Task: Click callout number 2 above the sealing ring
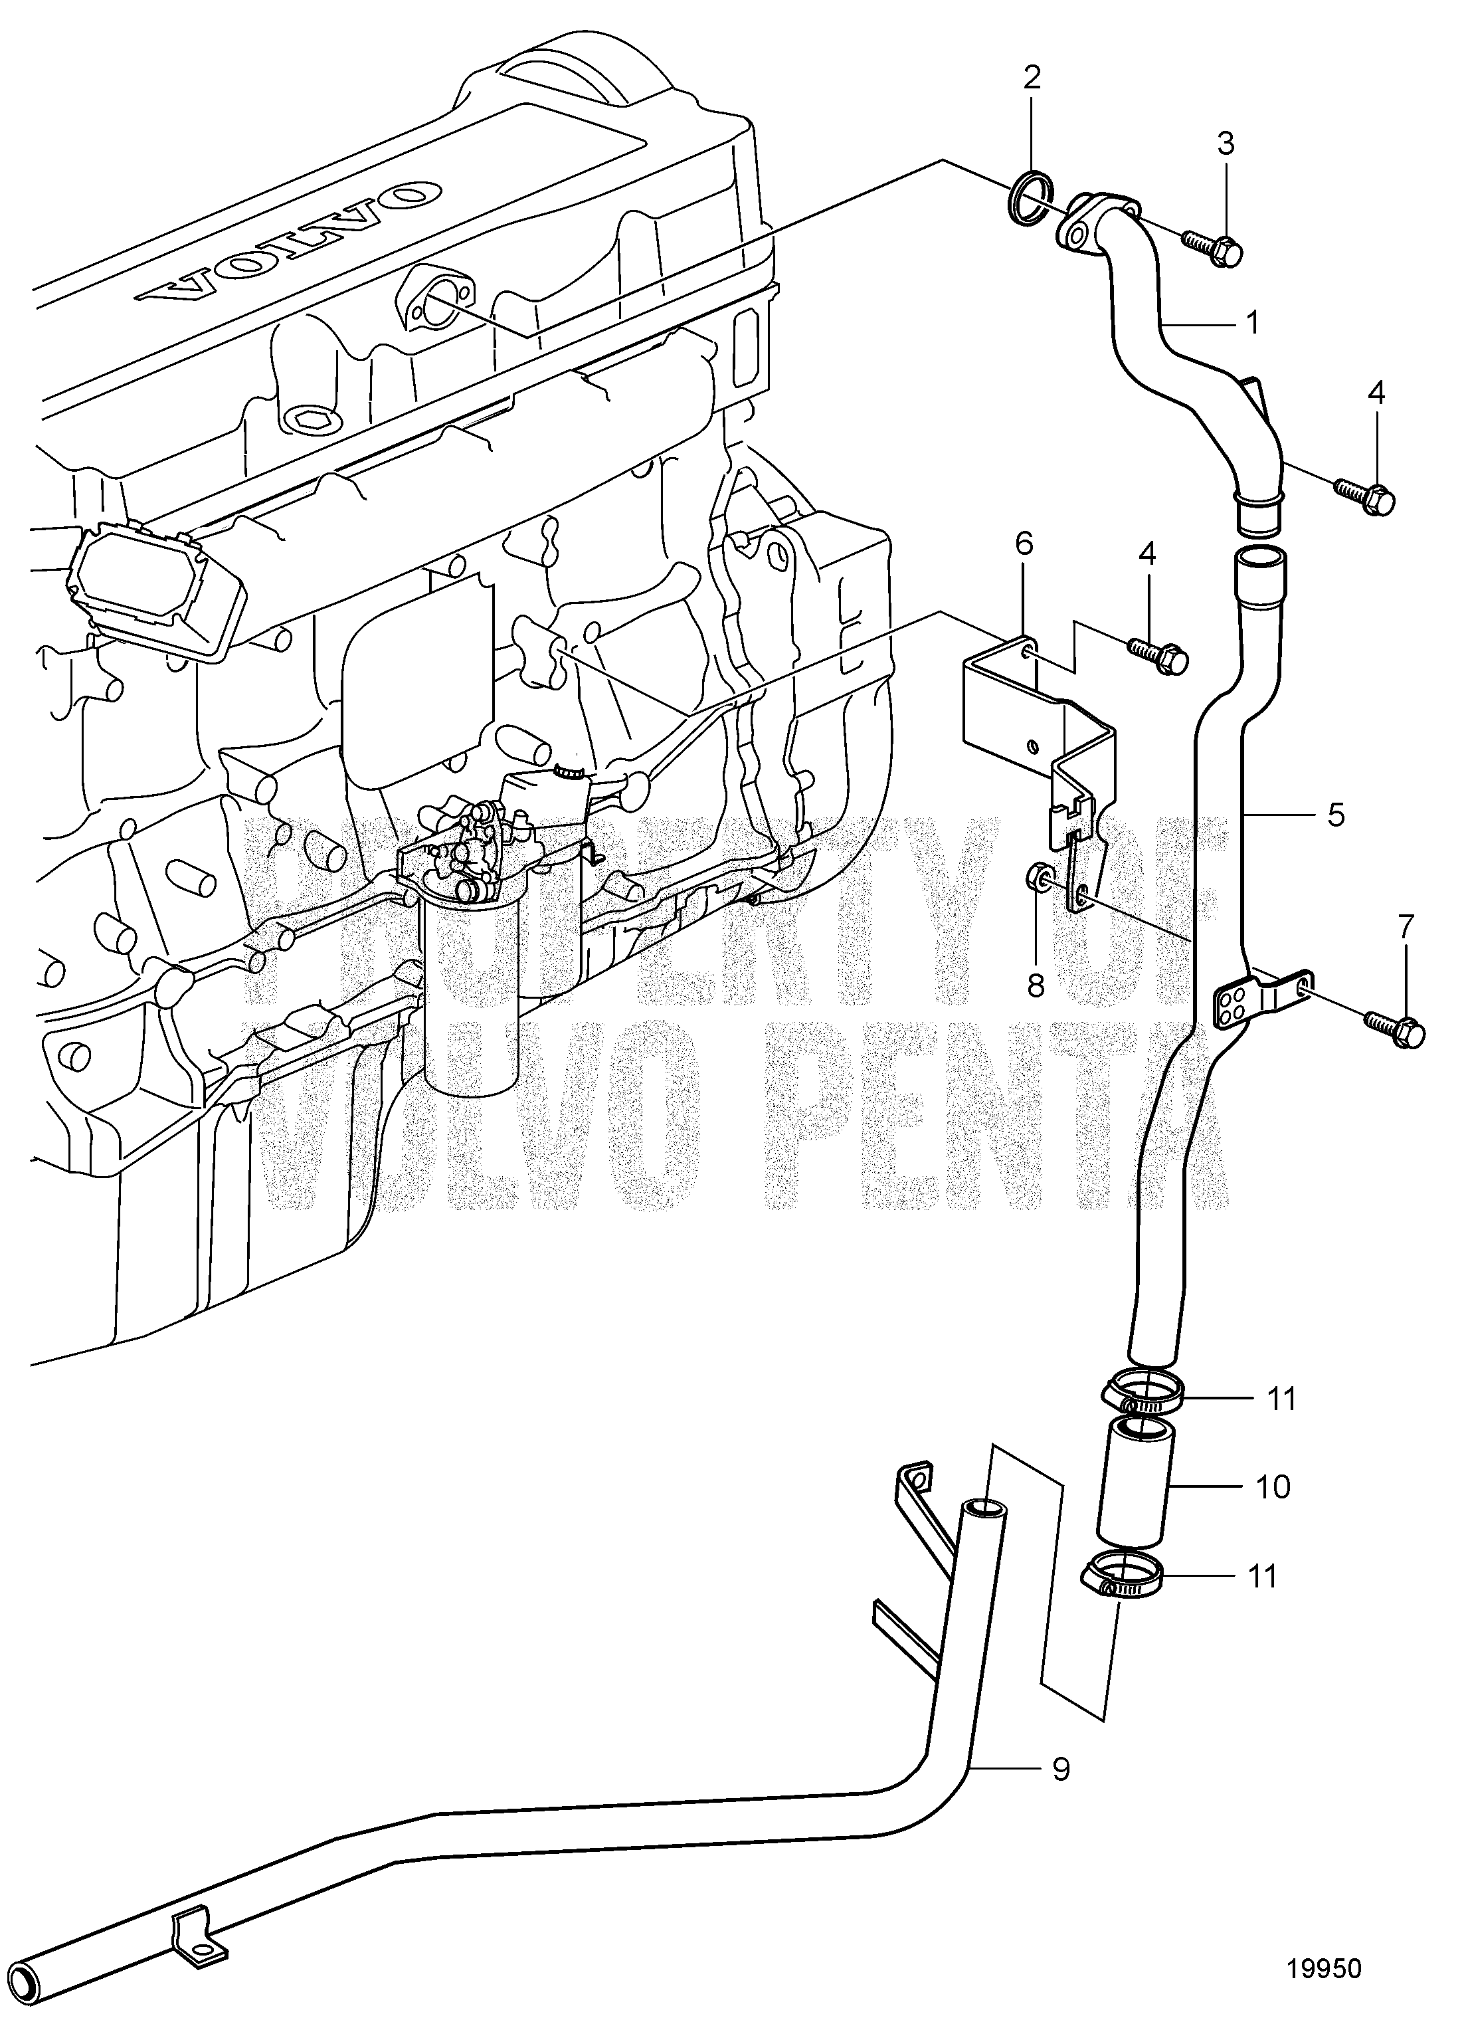click(x=1032, y=78)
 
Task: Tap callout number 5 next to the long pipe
click(x=1335, y=815)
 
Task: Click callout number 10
click(x=1273, y=1487)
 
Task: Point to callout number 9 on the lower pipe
click(x=1060, y=1770)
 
